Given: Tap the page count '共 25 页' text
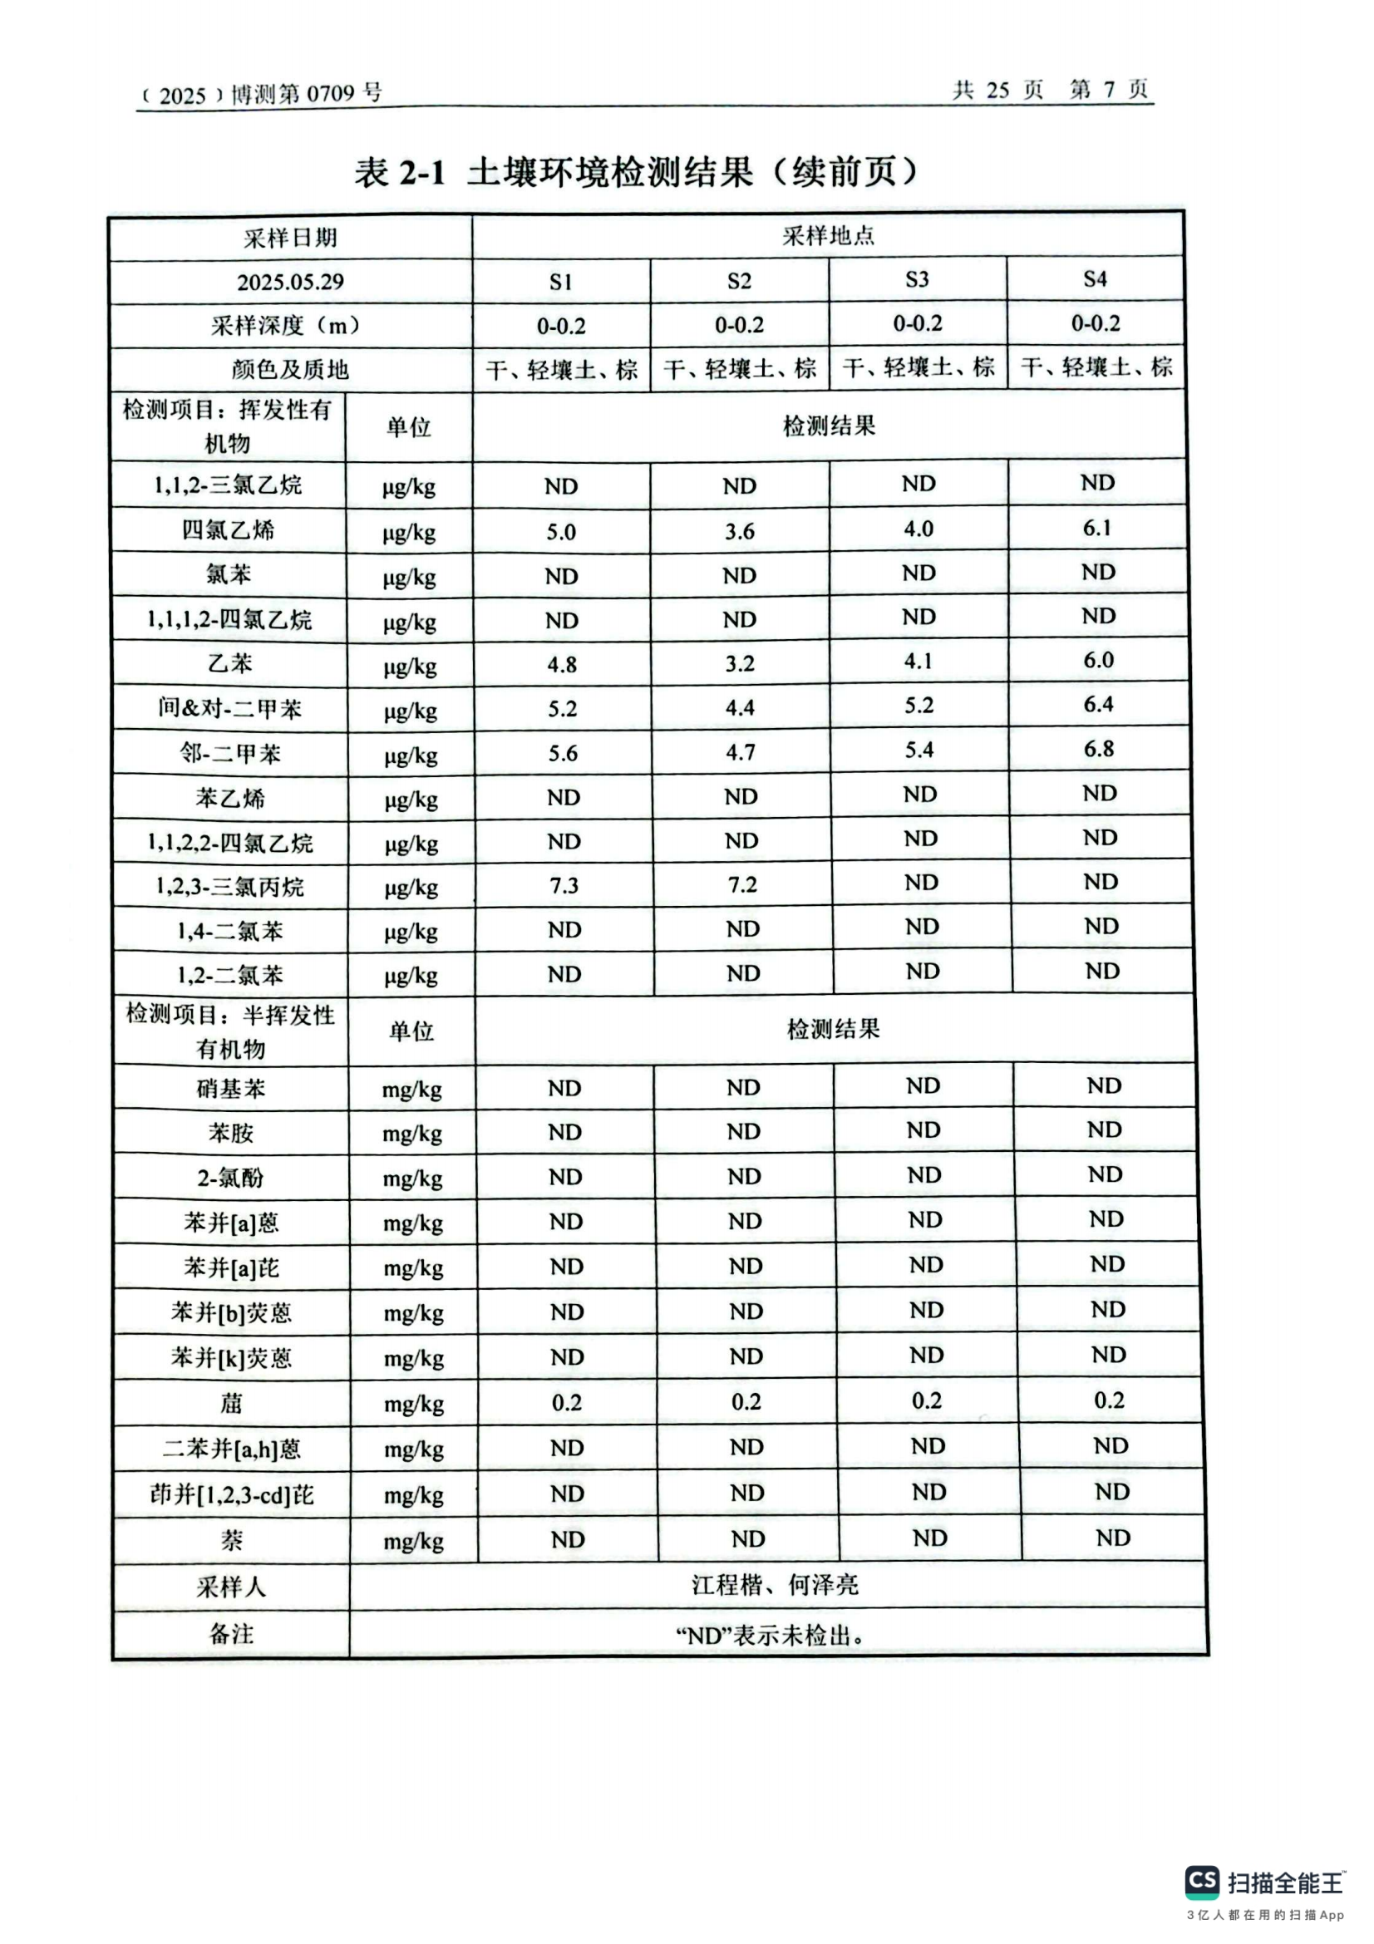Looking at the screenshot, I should click(998, 90).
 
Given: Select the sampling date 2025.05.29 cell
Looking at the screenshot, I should click(290, 282).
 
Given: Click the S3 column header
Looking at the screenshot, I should click(917, 279).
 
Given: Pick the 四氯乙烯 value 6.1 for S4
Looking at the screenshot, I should click(1096, 529).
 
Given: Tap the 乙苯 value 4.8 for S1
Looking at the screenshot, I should click(562, 665).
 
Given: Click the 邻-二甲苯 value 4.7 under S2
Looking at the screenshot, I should click(740, 753).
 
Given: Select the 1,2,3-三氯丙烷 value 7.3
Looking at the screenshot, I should click(564, 886).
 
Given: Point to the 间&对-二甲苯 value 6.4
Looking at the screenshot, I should click(1098, 705).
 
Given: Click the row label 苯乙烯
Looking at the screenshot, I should click(230, 799).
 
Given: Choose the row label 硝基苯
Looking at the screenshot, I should click(231, 1089).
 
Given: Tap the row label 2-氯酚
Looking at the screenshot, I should click(231, 1178).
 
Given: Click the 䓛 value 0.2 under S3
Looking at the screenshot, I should click(926, 1401).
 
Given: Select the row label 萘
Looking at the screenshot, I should click(231, 1540).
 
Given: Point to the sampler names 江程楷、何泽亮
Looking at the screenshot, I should click(775, 1585).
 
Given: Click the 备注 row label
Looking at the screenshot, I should click(231, 1633).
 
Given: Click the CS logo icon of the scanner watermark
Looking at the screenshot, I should click(1202, 1881).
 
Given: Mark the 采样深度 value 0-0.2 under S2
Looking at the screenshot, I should click(739, 325).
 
